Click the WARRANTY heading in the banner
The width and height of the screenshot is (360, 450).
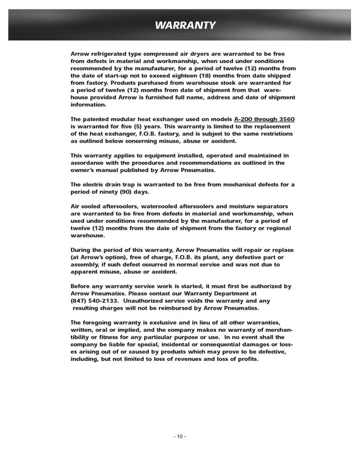point(185,25)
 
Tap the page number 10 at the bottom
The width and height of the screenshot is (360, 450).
point(180,436)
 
